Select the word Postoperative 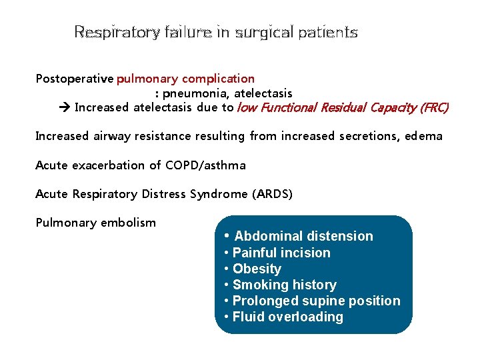pos(74,79)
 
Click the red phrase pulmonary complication pos(185,79)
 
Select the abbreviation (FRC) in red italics pos(434,107)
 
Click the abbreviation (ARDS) pos(273,194)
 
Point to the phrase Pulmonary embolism pos(95,223)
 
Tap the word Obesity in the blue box pos(257,269)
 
